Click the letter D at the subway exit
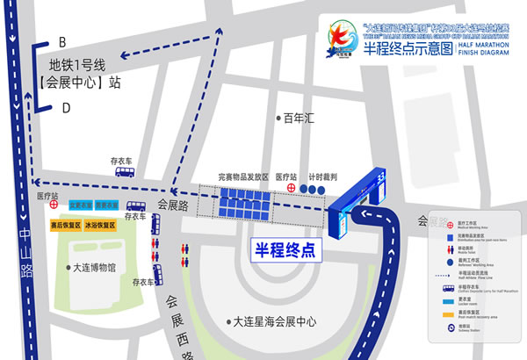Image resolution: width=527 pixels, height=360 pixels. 65,108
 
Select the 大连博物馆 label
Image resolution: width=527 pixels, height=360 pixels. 97,269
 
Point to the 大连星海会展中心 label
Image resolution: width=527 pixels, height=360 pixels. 273,322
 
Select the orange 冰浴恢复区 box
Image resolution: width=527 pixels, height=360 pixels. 103,225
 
